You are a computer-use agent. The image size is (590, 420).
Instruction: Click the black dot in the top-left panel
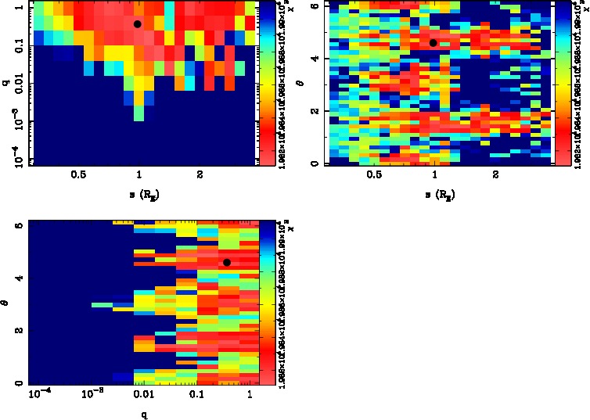coord(137,24)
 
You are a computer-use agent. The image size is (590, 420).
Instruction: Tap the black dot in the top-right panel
coord(434,43)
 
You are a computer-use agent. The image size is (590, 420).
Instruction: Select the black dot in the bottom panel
coord(227,263)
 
